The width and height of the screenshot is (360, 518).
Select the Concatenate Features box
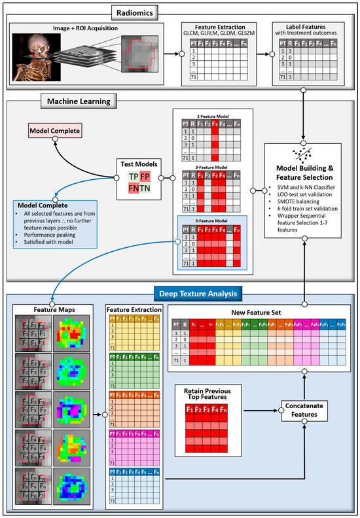(x=306, y=409)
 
